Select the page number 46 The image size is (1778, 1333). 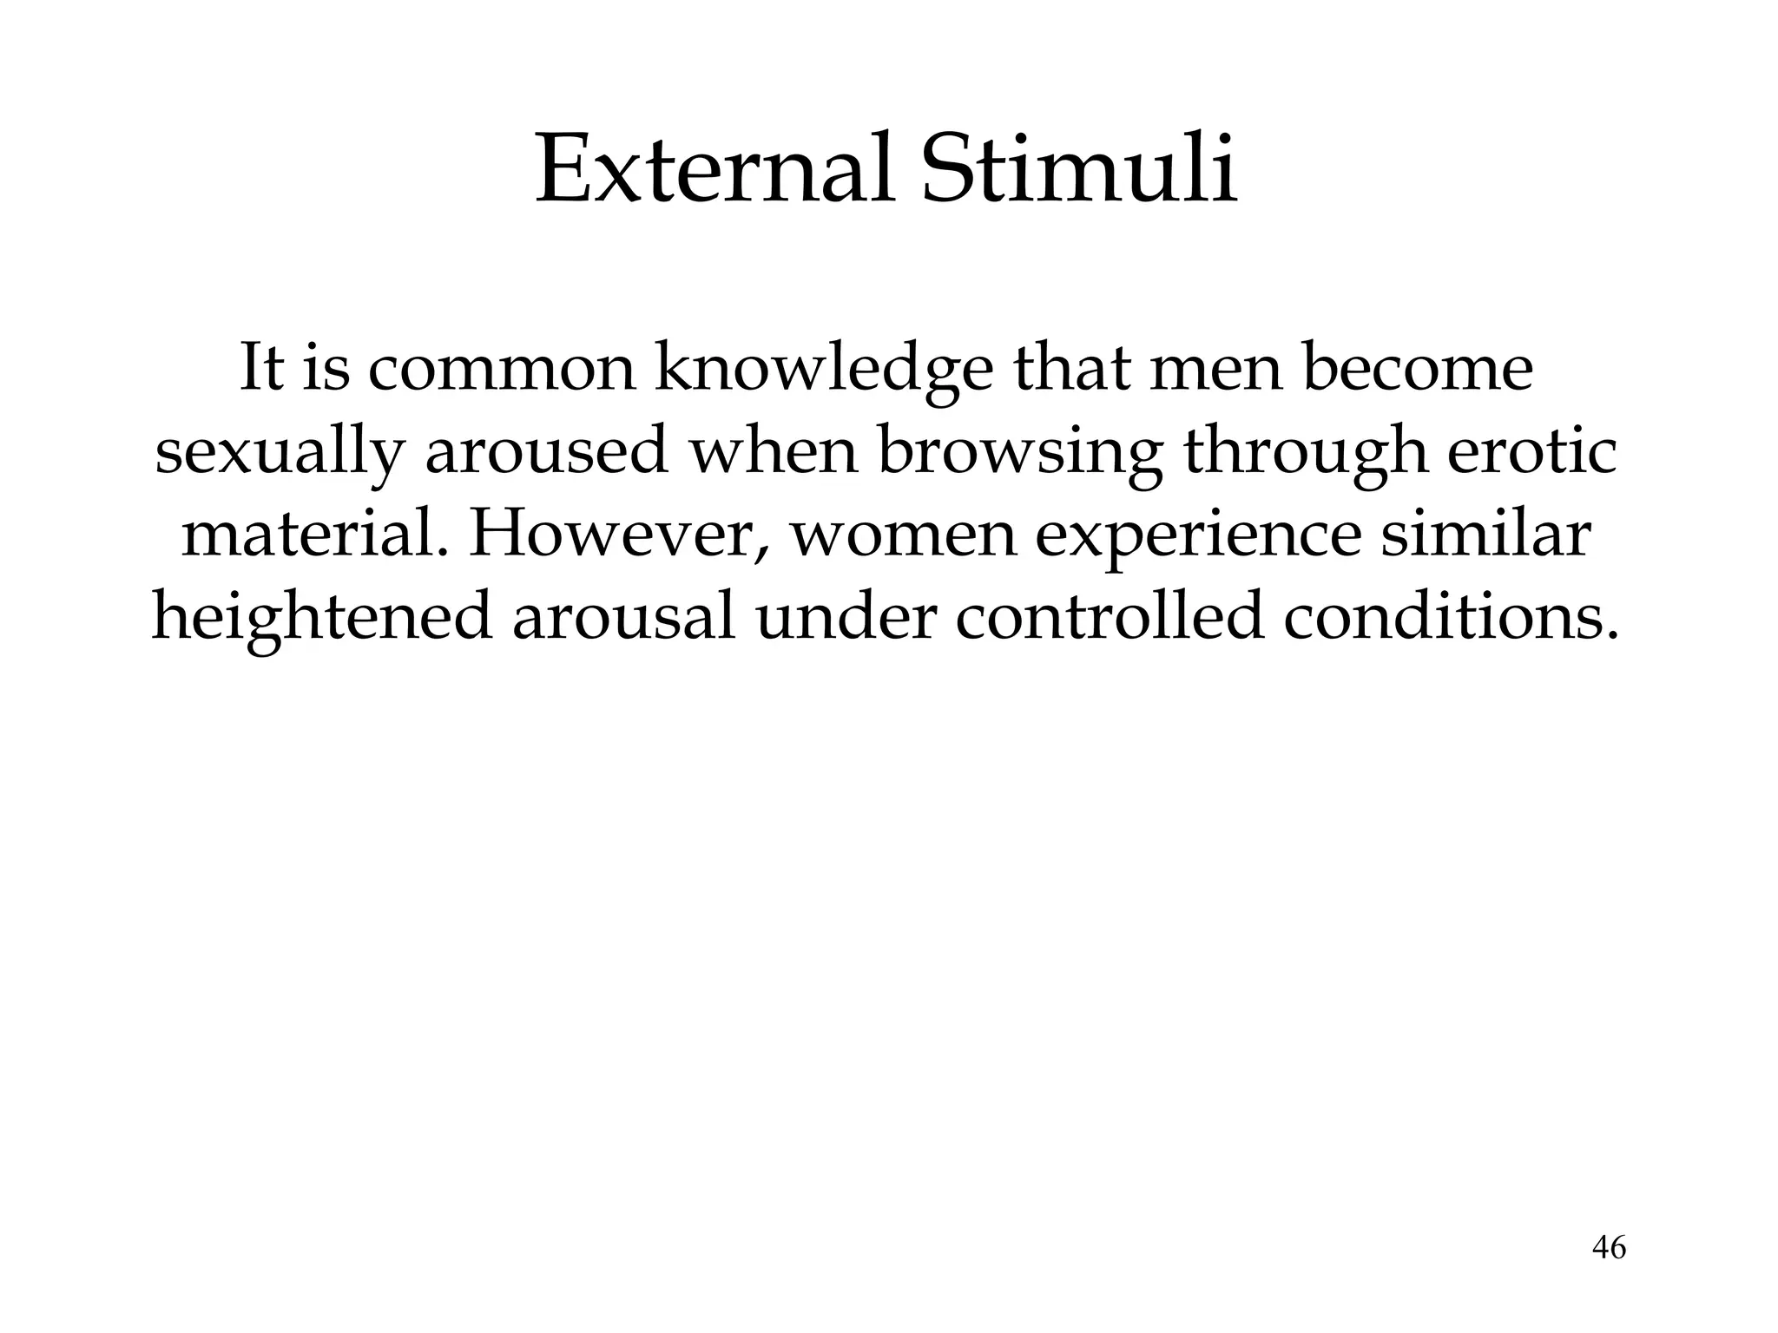point(1609,1248)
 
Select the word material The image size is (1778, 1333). point(317,535)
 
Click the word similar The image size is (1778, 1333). point(1485,535)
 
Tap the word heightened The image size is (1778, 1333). point(321,619)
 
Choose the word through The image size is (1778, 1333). point(1307,454)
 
